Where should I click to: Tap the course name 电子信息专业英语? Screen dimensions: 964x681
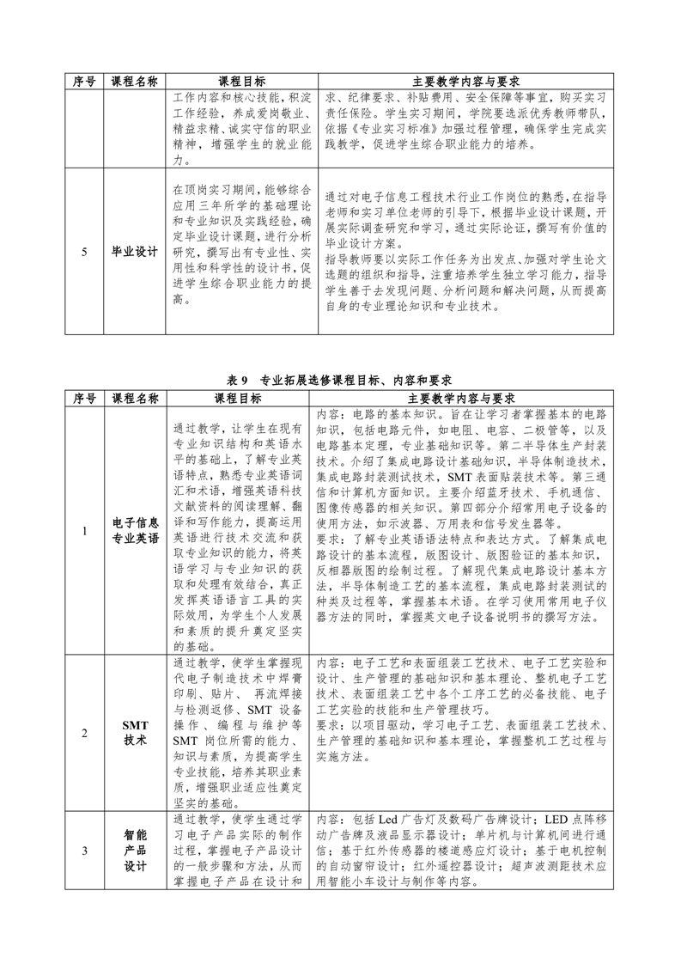pyautogui.click(x=135, y=531)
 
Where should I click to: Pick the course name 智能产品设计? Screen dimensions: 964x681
pyautogui.click(x=135, y=850)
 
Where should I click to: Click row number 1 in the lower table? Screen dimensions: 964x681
pyautogui.click(x=84, y=531)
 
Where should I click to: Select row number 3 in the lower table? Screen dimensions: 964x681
pyautogui.click(x=84, y=850)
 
